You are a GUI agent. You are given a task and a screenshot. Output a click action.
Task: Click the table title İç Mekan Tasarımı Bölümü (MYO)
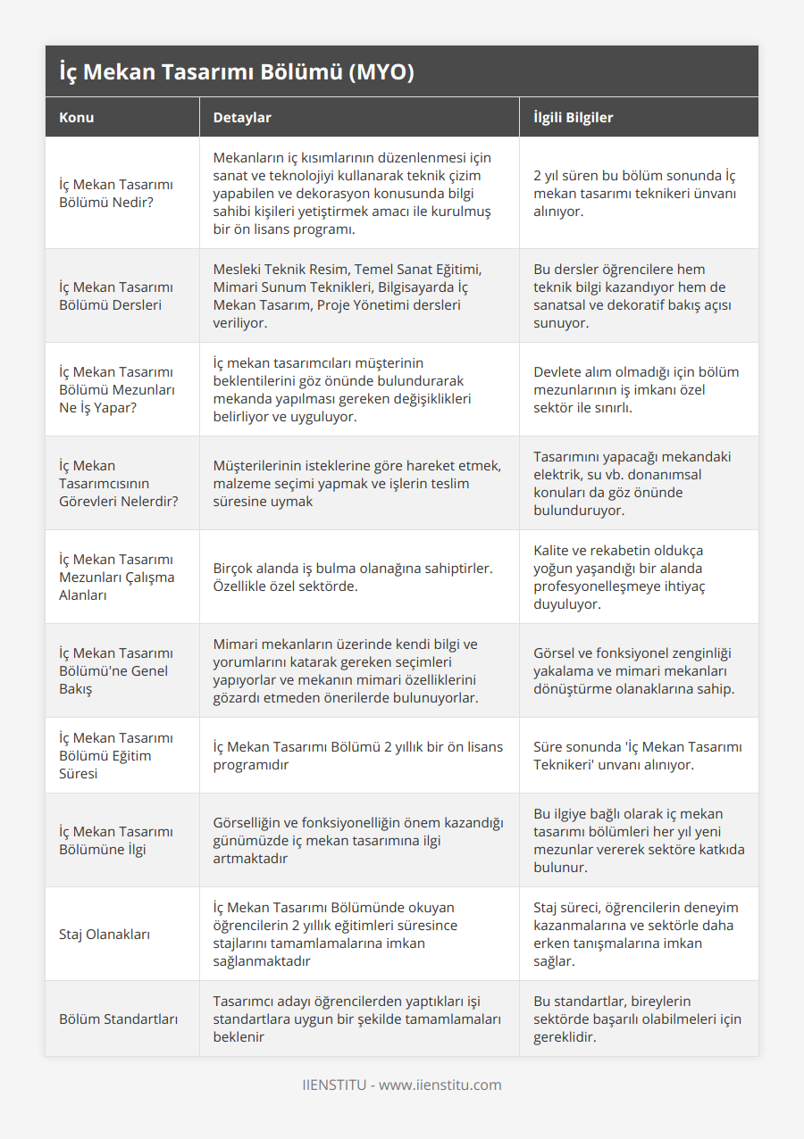[236, 72]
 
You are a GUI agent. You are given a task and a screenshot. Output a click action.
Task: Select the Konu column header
[77, 117]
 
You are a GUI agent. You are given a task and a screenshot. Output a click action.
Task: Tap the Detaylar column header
[242, 117]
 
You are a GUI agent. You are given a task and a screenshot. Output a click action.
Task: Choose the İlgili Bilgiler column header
[573, 117]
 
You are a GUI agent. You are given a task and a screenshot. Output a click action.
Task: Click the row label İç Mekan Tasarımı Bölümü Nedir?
[116, 193]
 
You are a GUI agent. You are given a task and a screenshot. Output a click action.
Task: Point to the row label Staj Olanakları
[105, 934]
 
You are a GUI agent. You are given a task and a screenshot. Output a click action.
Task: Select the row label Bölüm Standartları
[118, 1018]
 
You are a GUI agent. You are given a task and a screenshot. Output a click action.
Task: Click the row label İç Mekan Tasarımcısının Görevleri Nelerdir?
[118, 483]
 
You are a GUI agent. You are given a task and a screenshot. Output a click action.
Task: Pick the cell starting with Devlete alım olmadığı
[636, 389]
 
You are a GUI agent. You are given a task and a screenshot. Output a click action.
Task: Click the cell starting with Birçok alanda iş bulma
[353, 577]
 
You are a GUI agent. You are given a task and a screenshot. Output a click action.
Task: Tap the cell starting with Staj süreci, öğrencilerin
[636, 934]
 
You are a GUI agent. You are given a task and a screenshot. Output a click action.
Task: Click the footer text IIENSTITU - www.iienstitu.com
[402, 1085]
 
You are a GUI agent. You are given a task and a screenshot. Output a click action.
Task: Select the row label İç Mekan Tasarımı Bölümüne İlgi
[116, 840]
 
